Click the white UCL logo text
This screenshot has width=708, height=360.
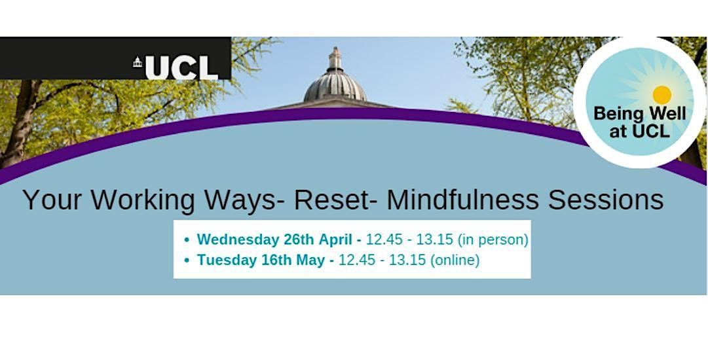(x=181, y=67)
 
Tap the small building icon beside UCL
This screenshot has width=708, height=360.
(x=138, y=63)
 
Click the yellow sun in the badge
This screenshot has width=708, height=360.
(x=662, y=95)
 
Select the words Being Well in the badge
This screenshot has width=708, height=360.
(x=639, y=114)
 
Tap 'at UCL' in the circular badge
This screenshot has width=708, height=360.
(x=639, y=131)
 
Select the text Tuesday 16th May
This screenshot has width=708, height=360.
(x=262, y=260)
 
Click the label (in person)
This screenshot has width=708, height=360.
(x=493, y=240)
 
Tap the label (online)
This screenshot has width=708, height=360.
(x=455, y=260)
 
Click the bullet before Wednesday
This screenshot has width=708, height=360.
(x=187, y=240)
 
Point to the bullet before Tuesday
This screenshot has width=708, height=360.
(x=187, y=261)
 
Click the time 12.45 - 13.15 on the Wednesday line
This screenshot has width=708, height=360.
(x=405, y=240)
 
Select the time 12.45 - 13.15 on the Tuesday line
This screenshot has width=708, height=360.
(x=381, y=260)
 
